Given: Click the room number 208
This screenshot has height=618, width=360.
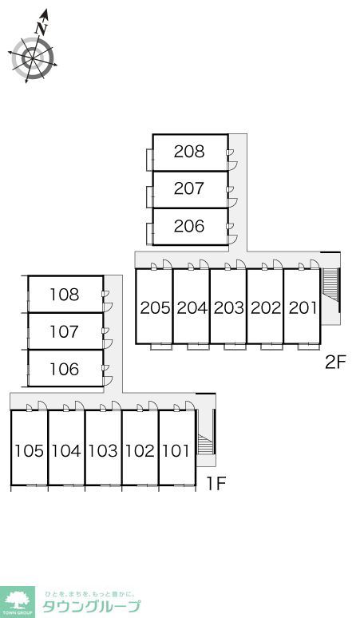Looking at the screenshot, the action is (189, 152).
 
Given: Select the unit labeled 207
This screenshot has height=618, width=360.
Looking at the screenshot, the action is (189, 188).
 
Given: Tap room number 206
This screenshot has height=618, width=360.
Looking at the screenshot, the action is (189, 226).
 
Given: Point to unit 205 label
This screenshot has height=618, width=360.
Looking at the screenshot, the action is (155, 308).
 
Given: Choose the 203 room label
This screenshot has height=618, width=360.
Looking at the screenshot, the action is (229, 308).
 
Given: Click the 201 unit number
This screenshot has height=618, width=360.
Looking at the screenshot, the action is (303, 308).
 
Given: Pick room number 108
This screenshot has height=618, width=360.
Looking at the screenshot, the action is (64, 295).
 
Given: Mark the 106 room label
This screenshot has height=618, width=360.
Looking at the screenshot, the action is (64, 370).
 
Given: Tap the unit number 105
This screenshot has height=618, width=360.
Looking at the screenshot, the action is (29, 450).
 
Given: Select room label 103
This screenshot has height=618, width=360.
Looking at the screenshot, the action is (103, 450).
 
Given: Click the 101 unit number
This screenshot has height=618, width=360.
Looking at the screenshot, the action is (176, 450).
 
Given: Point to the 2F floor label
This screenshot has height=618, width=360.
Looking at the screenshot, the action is (334, 363).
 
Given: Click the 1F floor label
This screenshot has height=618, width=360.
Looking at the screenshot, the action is (216, 484).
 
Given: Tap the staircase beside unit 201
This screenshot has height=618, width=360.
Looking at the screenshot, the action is (330, 284).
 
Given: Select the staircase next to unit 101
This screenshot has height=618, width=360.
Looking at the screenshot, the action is (205, 444).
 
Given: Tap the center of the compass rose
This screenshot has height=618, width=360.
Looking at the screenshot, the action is (32, 59).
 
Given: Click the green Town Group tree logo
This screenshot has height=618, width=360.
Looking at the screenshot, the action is (18, 602).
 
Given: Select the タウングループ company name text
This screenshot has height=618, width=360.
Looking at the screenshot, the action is (91, 606).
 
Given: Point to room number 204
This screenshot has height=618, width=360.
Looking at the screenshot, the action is (192, 308).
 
